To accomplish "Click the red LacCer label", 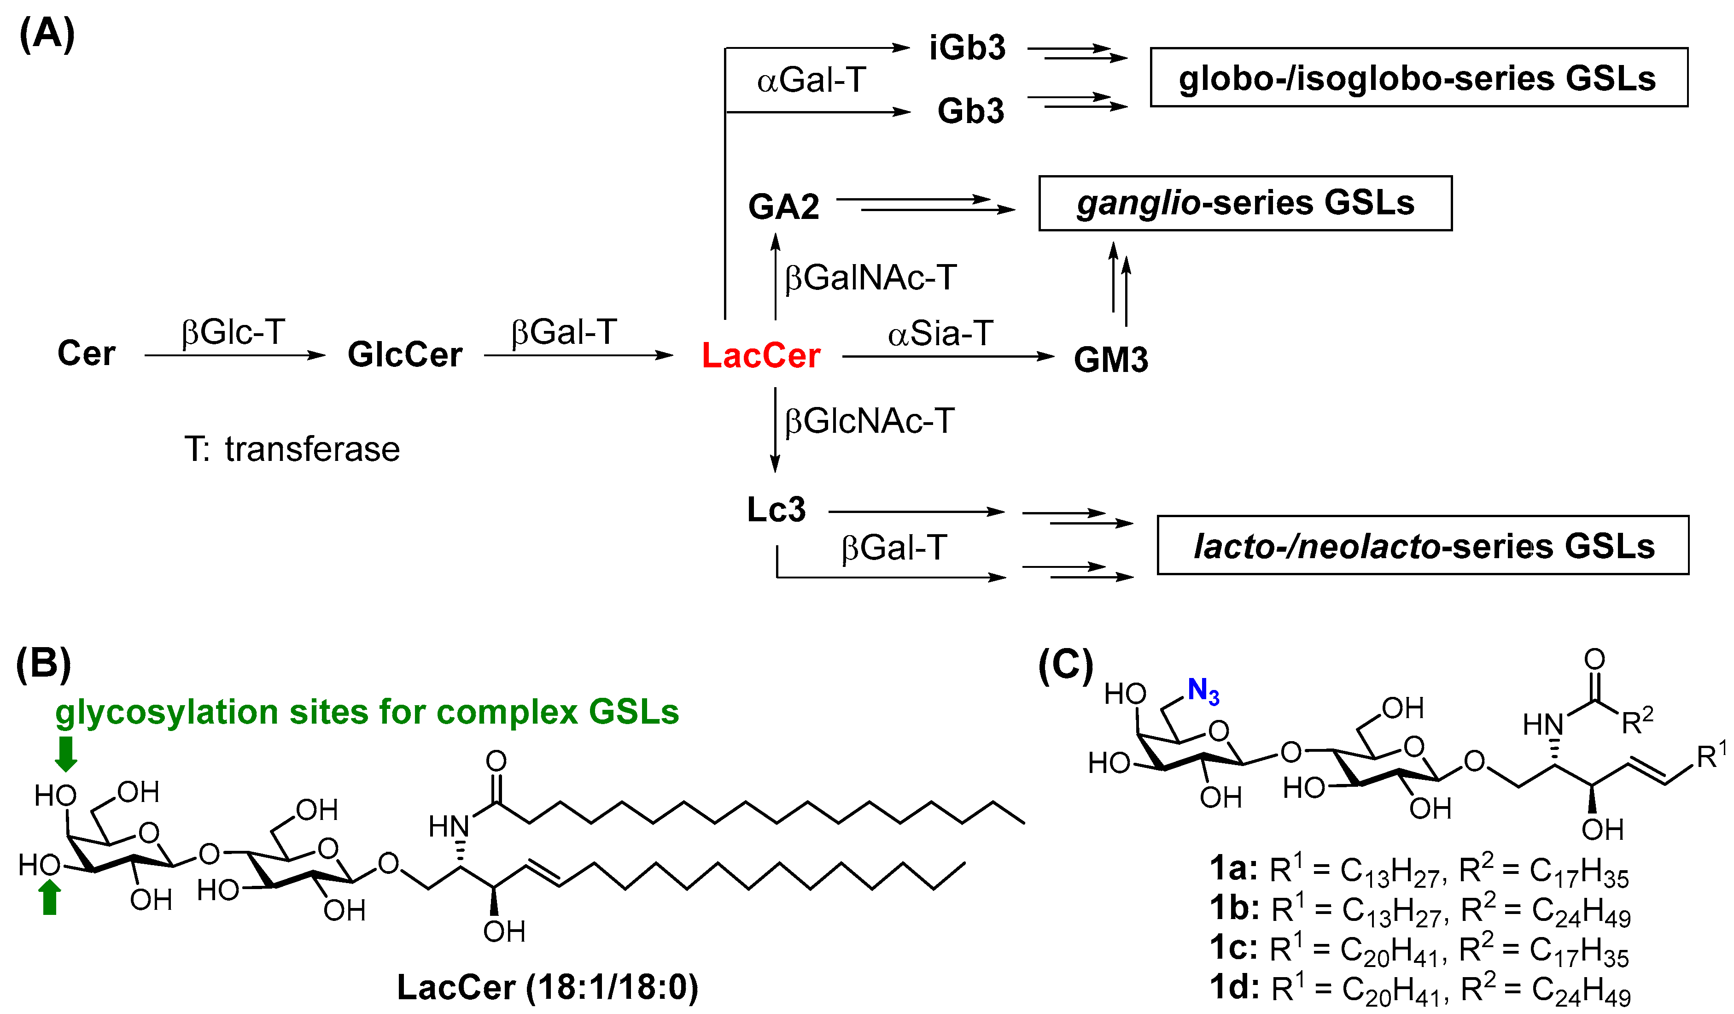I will click(760, 356).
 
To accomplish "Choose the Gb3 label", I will click(970, 111).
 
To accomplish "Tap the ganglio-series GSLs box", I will click(1245, 203).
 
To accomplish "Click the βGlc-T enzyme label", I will click(233, 332).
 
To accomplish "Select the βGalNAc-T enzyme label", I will click(870, 278).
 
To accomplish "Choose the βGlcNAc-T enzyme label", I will click(869, 421).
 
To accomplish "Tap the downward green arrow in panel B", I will click(66, 754).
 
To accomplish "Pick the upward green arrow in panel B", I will click(50, 898).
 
